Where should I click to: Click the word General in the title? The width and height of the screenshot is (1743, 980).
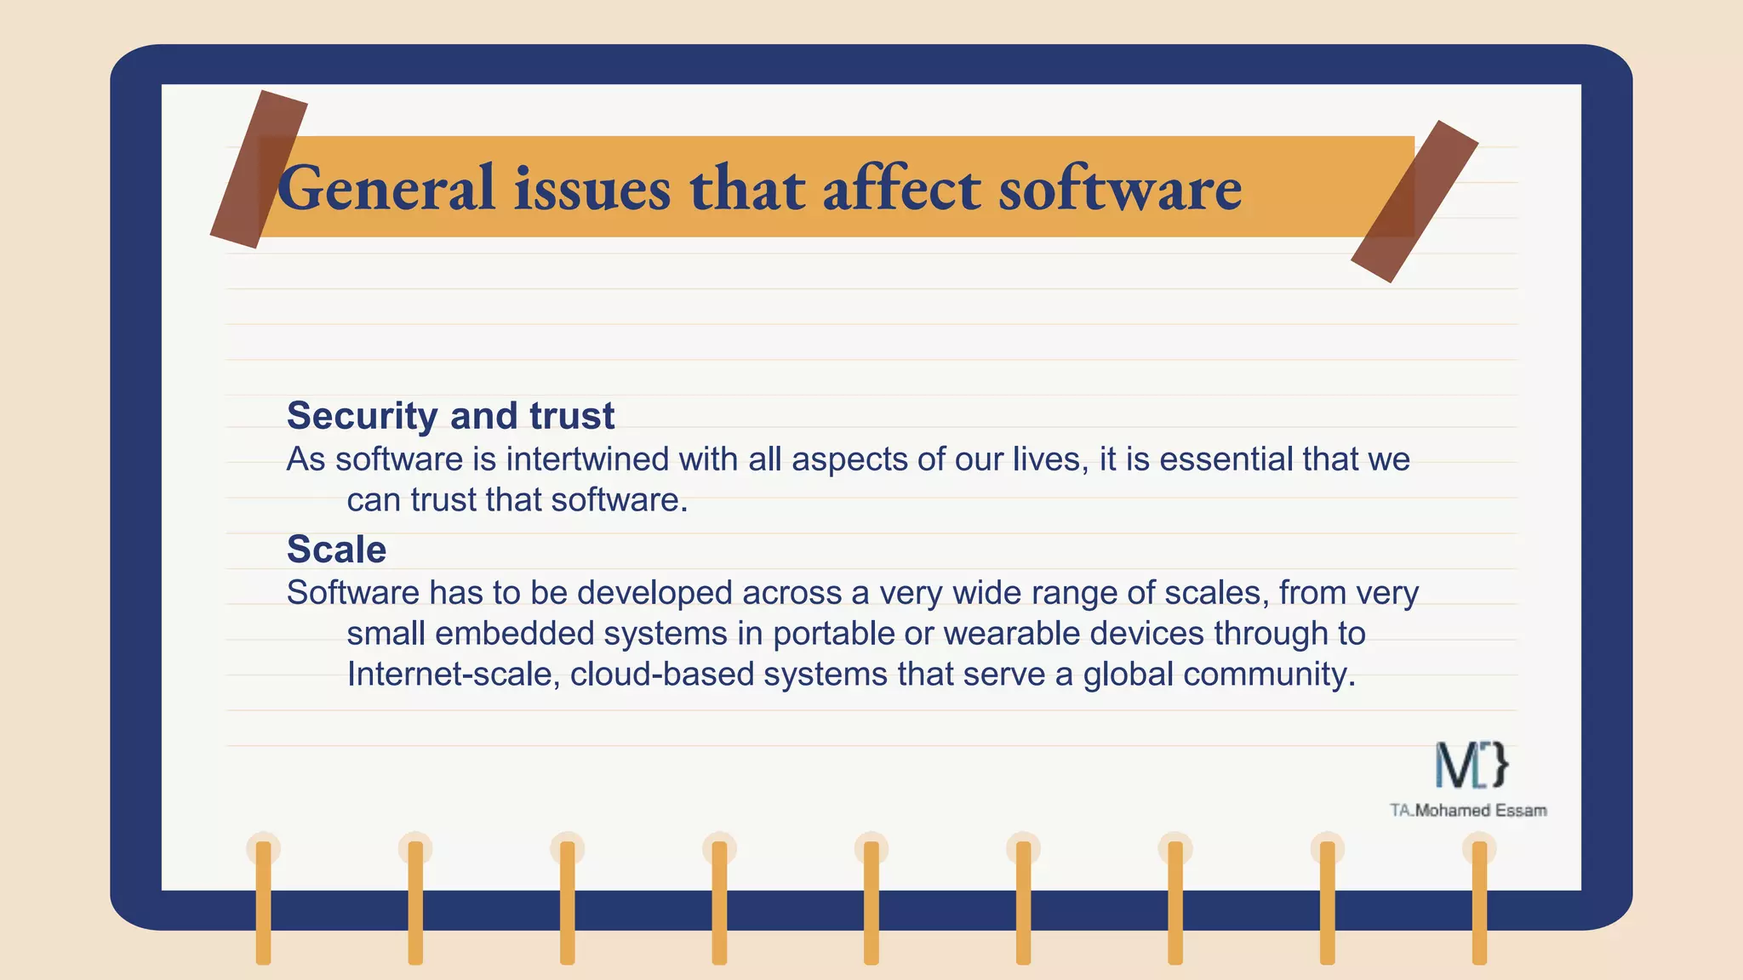(386, 189)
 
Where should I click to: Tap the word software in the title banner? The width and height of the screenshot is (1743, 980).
(1120, 189)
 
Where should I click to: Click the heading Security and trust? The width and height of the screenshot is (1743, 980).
(450, 416)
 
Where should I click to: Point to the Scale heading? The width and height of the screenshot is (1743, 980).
(336, 550)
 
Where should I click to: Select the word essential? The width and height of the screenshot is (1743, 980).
(1226, 459)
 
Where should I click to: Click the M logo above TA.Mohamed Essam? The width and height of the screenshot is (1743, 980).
(1472, 765)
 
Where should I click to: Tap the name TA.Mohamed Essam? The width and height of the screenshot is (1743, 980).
(1468, 811)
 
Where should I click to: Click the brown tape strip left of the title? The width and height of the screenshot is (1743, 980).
(258, 169)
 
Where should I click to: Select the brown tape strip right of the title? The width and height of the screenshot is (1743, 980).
(1414, 202)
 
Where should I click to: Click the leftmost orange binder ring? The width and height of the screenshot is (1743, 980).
(264, 902)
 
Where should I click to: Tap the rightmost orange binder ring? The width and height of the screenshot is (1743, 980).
(1479, 902)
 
